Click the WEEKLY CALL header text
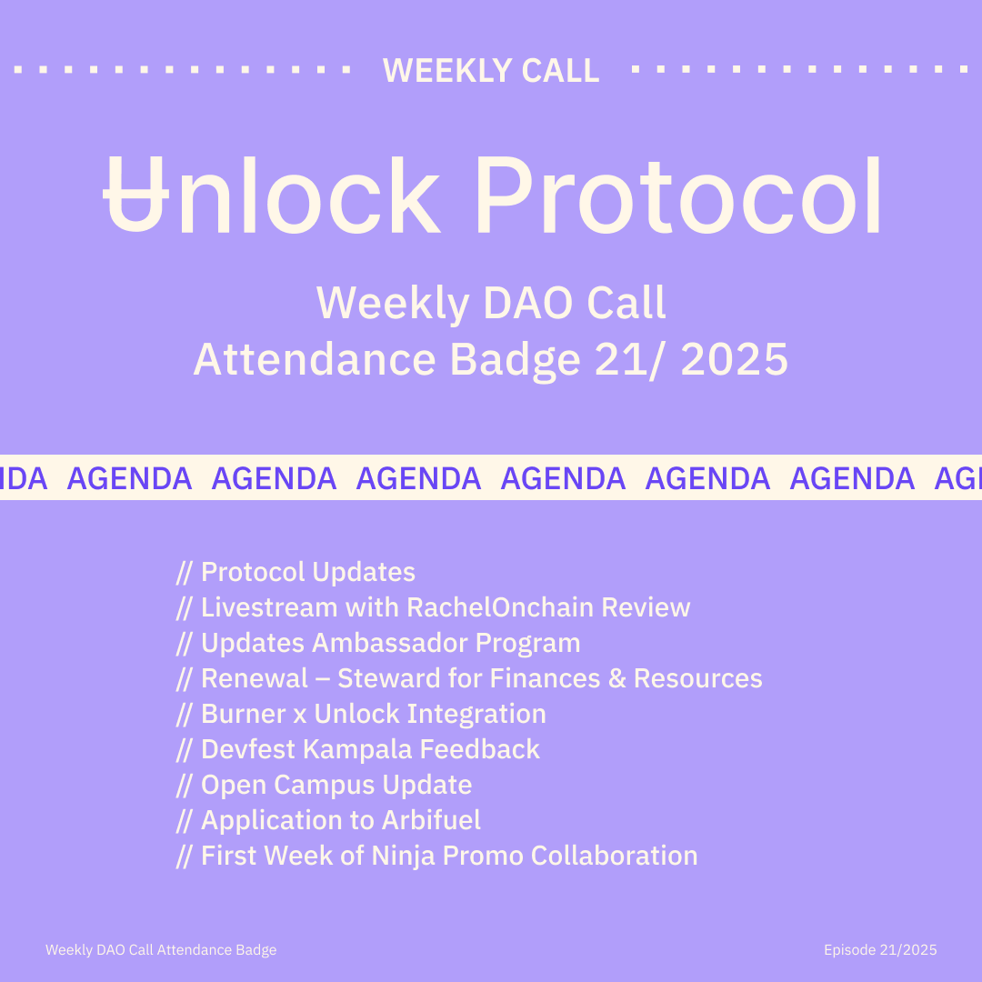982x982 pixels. coord(491,70)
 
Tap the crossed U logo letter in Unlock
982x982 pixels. coord(135,195)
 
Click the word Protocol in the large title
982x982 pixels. coord(678,195)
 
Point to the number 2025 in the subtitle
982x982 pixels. coord(734,359)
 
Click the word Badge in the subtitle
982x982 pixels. coord(515,361)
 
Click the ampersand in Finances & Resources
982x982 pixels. coord(616,678)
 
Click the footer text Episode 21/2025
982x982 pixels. coord(880,950)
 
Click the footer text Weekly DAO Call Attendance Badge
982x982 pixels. coord(161,950)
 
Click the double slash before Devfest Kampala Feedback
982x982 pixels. coord(184,749)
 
